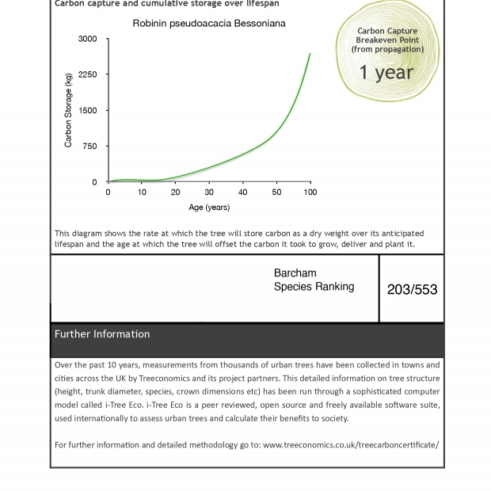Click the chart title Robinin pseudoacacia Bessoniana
coord(209,24)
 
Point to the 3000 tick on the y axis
coord(88,39)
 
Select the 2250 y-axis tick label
coord(88,74)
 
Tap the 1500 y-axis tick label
coord(88,111)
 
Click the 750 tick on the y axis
coord(90,147)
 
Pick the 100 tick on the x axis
coord(310,192)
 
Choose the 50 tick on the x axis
coord(276,192)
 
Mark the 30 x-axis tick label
coord(209,192)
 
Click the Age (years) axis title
coord(209,207)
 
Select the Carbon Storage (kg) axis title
coord(68,110)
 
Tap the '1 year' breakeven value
coord(386,73)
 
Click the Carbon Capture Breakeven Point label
coord(387,36)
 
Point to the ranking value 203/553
coord(412,290)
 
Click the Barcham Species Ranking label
coord(314,280)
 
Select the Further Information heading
coord(102,334)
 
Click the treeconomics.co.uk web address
coord(351,445)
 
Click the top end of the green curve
coord(310,54)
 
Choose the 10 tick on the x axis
coord(142,192)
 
